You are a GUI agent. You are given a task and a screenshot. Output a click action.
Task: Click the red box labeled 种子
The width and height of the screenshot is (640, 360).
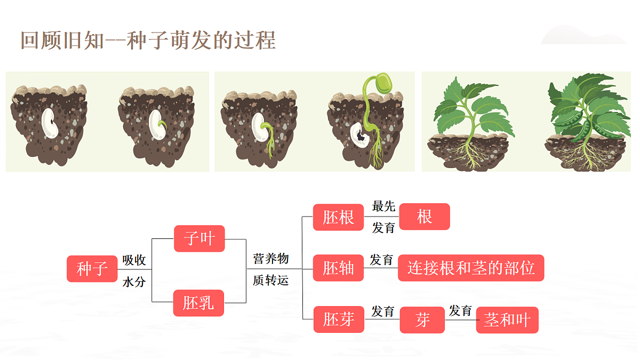pos(92,269)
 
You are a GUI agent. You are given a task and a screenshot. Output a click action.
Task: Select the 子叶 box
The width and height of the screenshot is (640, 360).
pos(199,238)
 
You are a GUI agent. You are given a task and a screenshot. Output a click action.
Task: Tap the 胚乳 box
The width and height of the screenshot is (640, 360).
pos(198,303)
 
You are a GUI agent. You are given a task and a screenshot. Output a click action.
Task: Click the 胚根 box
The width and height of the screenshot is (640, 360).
pos(338,218)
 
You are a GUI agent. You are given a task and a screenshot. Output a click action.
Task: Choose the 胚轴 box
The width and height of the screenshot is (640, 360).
pos(338,268)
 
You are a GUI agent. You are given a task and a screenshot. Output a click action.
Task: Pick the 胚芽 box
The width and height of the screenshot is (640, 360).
pos(339,319)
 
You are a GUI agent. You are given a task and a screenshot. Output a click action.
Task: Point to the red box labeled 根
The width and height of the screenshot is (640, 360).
pos(425,217)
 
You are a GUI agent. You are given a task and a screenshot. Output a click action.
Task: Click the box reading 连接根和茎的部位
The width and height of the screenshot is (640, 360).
pos(471,268)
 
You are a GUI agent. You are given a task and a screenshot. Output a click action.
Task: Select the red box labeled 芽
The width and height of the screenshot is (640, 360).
pos(422,320)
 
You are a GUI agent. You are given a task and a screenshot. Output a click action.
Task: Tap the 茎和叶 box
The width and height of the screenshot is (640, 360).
pos(507,320)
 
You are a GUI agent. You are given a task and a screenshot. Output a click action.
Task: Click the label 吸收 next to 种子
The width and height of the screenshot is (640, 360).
pos(134,260)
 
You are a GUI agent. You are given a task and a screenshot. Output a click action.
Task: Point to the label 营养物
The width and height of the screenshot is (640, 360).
pos(271,259)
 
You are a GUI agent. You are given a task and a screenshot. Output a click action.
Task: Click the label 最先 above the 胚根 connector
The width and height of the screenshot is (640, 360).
pos(383,206)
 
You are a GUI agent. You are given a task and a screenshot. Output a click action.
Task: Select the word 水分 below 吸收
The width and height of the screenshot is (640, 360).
pos(134,282)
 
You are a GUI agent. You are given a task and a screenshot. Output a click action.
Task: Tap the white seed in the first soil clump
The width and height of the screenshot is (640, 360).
pos(50,123)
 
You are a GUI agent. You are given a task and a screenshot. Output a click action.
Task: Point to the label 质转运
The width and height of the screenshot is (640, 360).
pos(271,281)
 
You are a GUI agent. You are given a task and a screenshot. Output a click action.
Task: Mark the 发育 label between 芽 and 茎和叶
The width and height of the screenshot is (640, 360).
pos(460,310)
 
